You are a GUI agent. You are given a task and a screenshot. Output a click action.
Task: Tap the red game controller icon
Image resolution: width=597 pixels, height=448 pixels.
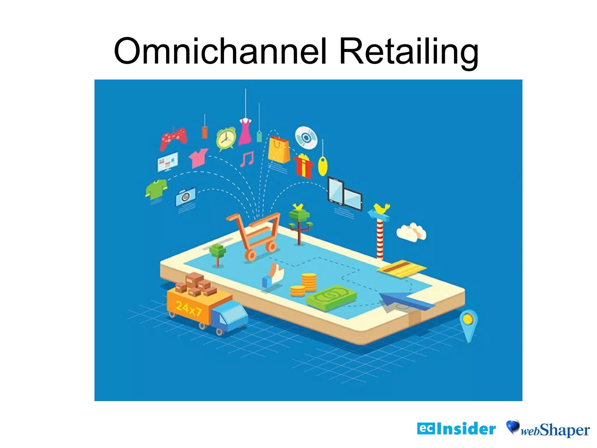tap(173, 138)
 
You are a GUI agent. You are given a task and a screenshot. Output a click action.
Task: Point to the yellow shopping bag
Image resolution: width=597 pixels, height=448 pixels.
tap(279, 150)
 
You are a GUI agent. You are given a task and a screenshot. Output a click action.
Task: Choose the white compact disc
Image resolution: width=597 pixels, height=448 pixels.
tap(306, 138)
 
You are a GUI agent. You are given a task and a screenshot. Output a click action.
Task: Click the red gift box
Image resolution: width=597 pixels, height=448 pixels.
tap(303, 166)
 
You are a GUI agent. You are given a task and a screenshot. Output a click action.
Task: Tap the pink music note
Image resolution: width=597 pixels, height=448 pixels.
tap(247, 159)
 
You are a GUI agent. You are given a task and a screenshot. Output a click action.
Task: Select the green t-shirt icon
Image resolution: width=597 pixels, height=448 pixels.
tap(156, 189)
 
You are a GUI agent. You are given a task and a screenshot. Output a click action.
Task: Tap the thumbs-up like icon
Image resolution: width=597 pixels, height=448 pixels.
tap(273, 275)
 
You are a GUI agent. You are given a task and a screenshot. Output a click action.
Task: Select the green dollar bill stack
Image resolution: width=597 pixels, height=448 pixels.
tap(331, 297)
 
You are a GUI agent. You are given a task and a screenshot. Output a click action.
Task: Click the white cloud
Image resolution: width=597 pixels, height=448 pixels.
tap(411, 232)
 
